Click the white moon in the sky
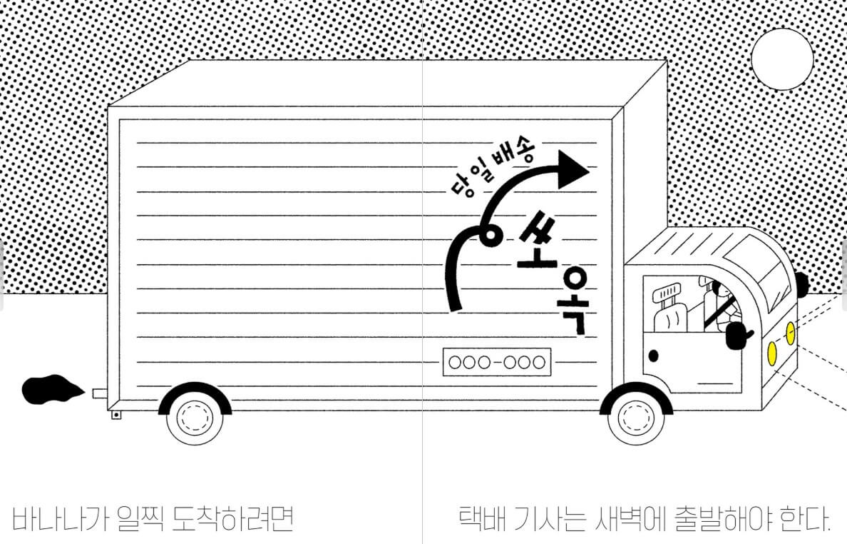point(782,59)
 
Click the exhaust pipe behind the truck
point(99,393)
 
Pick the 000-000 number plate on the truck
point(498,363)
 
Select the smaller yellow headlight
point(790,333)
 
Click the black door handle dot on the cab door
point(653,355)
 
